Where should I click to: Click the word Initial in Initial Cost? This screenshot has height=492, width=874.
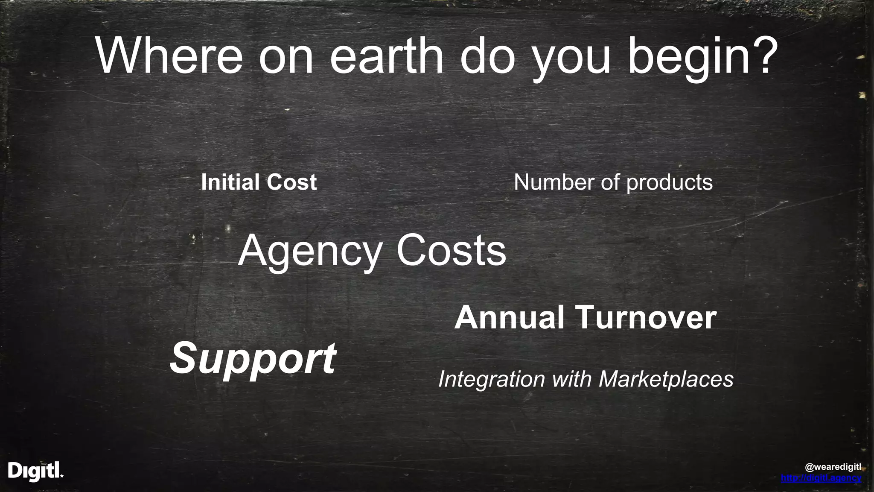coord(228,182)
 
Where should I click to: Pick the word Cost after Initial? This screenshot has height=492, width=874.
coord(292,182)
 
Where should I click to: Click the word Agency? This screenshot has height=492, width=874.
coord(309,251)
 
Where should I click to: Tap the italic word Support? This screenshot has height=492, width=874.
coord(253,359)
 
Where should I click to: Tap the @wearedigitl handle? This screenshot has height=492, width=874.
coord(833,467)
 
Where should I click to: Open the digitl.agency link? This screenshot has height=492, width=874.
coord(821,478)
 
